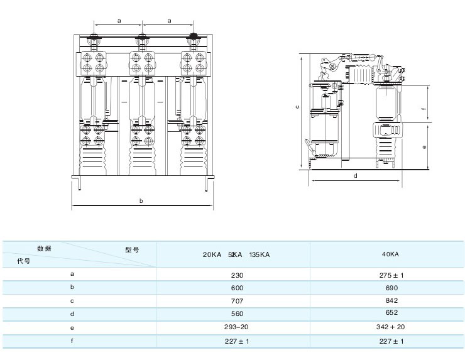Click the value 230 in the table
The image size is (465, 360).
click(x=236, y=275)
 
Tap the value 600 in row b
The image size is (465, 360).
click(x=236, y=288)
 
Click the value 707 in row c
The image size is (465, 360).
click(x=236, y=300)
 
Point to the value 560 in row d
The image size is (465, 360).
click(x=236, y=314)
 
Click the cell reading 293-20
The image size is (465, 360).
click(x=236, y=327)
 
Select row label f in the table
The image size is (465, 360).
click(x=72, y=341)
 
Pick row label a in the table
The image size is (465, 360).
click(x=72, y=275)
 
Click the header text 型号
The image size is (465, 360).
click(x=132, y=249)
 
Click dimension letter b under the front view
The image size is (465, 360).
click(x=141, y=201)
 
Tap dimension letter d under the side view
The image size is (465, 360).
click(x=355, y=176)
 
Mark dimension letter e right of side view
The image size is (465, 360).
click(x=425, y=148)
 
